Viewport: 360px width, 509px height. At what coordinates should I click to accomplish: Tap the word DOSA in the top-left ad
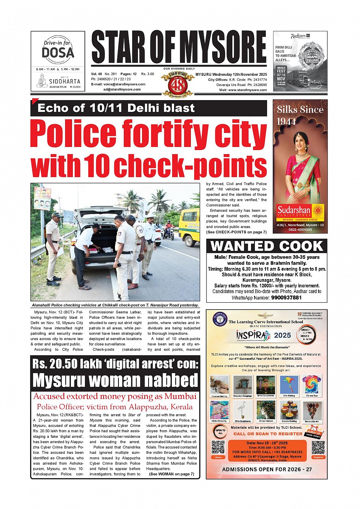pyautogui.click(x=58, y=52)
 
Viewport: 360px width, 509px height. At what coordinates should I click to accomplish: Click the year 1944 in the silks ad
pyautogui.click(x=286, y=121)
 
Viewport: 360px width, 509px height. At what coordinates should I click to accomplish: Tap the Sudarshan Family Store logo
pyautogui.click(x=300, y=211)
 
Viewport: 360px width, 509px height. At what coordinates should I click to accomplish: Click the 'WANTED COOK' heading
pyautogui.click(x=267, y=246)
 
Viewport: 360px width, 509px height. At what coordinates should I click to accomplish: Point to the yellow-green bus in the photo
pyautogui.click(x=189, y=226)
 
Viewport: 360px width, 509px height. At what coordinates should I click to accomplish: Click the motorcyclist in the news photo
pyautogui.click(x=169, y=228)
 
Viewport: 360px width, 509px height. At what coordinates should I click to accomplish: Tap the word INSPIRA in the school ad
pyautogui.click(x=251, y=335)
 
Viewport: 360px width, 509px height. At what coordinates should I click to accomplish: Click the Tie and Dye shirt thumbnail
pyautogui.click(x=312, y=385)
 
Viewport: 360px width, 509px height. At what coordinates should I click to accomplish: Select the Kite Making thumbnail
pyautogui.click(x=289, y=385)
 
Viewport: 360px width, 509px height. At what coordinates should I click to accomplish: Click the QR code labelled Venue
pyautogui.click(x=218, y=447)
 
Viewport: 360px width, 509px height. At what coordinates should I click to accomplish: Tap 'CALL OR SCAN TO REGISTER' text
pyautogui.click(x=268, y=434)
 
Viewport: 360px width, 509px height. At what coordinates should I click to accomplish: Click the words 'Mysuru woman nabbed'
pyautogui.click(x=115, y=380)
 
